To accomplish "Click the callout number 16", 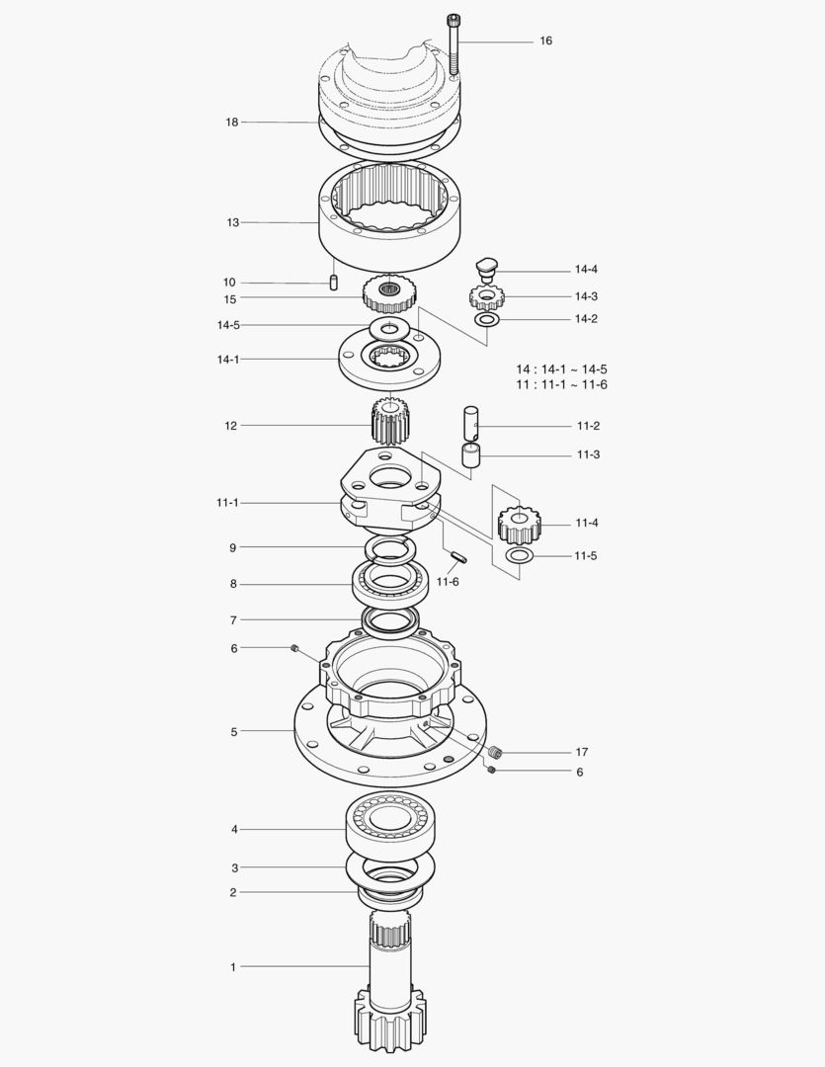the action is click(x=546, y=41).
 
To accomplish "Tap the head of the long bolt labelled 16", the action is click(x=454, y=19).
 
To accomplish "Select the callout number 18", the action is click(x=232, y=123).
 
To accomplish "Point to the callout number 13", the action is click(x=233, y=222).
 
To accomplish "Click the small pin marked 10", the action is click(x=334, y=282).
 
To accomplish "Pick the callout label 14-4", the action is click(x=586, y=270).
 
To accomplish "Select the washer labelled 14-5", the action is click(x=389, y=330).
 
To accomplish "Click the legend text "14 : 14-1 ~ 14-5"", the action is click(x=561, y=369).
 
